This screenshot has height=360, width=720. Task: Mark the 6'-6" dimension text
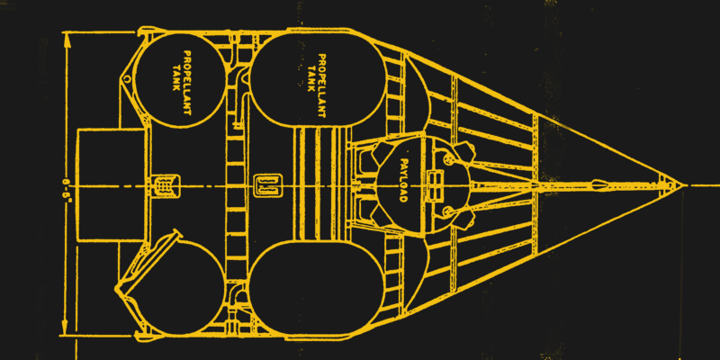[66, 184]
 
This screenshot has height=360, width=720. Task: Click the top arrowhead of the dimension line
[67, 38]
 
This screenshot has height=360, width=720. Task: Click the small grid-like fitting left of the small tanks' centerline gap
[165, 184]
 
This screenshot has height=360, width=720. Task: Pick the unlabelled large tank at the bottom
[315, 292]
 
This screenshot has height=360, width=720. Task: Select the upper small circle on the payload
[449, 159]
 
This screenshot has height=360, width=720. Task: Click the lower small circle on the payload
[449, 211]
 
